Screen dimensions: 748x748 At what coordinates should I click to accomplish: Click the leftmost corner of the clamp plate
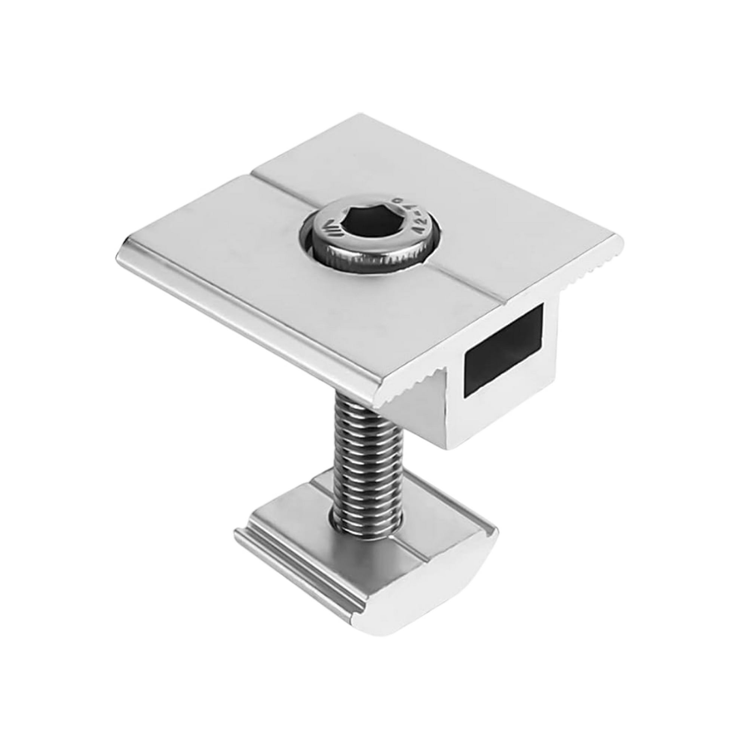[118, 255]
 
